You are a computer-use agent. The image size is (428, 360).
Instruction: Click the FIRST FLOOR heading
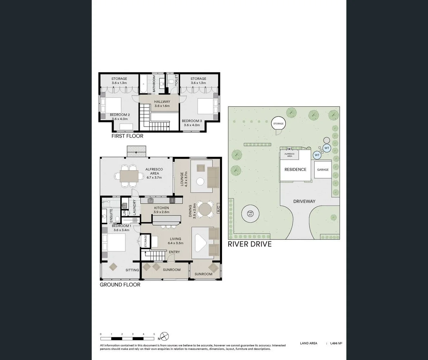coord(127,136)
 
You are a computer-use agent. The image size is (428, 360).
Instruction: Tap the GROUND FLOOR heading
coord(120,284)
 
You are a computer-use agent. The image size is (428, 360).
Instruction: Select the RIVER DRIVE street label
coord(250,244)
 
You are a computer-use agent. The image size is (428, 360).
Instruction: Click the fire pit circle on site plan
coord(250,213)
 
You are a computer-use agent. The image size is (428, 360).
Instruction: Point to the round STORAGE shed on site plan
coord(278,124)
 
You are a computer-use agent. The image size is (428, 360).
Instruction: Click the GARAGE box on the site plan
coord(323,170)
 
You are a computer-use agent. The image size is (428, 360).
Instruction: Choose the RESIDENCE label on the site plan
coord(295,170)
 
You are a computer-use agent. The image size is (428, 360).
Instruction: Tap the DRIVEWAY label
coord(304,201)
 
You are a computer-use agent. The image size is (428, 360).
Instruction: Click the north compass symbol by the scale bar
coord(164,336)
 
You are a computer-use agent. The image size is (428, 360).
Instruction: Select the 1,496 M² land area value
coord(336,343)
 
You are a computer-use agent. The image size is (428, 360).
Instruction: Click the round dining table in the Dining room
coord(205,209)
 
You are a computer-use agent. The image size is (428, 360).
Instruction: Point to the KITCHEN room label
coord(162,208)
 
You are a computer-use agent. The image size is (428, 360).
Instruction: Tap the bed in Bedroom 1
coord(114,242)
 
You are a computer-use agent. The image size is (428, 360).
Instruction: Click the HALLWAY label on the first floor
coord(162,102)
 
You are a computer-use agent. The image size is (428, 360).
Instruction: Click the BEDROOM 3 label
coord(192,121)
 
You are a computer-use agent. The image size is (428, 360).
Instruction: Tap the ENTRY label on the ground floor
coord(174,252)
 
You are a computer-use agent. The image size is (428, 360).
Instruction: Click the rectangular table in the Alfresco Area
coord(129,176)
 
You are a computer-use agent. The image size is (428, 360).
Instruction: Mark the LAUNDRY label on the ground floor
coord(134,207)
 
